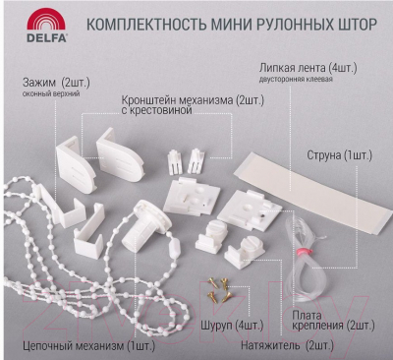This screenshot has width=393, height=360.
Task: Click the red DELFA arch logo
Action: coord(46,19)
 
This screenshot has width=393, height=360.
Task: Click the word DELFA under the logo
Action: coord(46,37)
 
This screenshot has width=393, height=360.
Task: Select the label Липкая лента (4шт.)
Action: coord(309,68)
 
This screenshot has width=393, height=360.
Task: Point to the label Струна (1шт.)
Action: coord(339,155)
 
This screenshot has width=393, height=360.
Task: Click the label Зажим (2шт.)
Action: coord(56,83)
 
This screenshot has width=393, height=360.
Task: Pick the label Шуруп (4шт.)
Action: coord(232,326)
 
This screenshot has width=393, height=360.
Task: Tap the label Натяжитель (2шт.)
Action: coord(287,345)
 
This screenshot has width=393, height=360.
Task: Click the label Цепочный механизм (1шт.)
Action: coord(88,345)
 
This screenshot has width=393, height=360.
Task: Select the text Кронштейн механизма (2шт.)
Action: coord(193,100)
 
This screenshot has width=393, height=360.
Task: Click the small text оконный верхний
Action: coord(51,94)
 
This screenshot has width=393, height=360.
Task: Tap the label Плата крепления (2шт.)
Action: coord(333,321)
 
